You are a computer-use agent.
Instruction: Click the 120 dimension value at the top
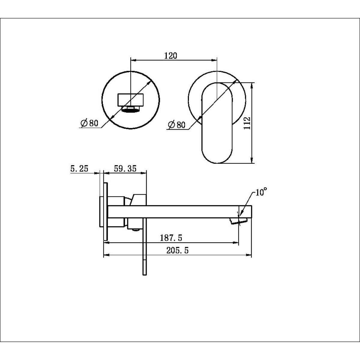point(170,56)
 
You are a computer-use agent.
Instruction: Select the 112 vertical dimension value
point(247,123)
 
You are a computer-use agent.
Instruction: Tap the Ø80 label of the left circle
point(89,123)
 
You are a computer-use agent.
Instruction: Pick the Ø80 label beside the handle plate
point(177,124)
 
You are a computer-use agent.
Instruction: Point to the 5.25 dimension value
point(79,169)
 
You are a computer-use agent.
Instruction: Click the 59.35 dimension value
point(125,169)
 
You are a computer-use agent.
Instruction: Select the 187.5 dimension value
point(171,238)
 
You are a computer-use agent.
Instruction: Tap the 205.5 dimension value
point(178,250)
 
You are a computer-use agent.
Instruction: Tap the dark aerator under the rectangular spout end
point(131,109)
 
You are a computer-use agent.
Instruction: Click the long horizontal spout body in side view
point(180,212)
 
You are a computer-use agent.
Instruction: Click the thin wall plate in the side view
point(106,211)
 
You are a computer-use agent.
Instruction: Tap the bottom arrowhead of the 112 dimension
point(252,160)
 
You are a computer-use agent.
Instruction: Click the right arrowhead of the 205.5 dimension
point(249,255)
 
